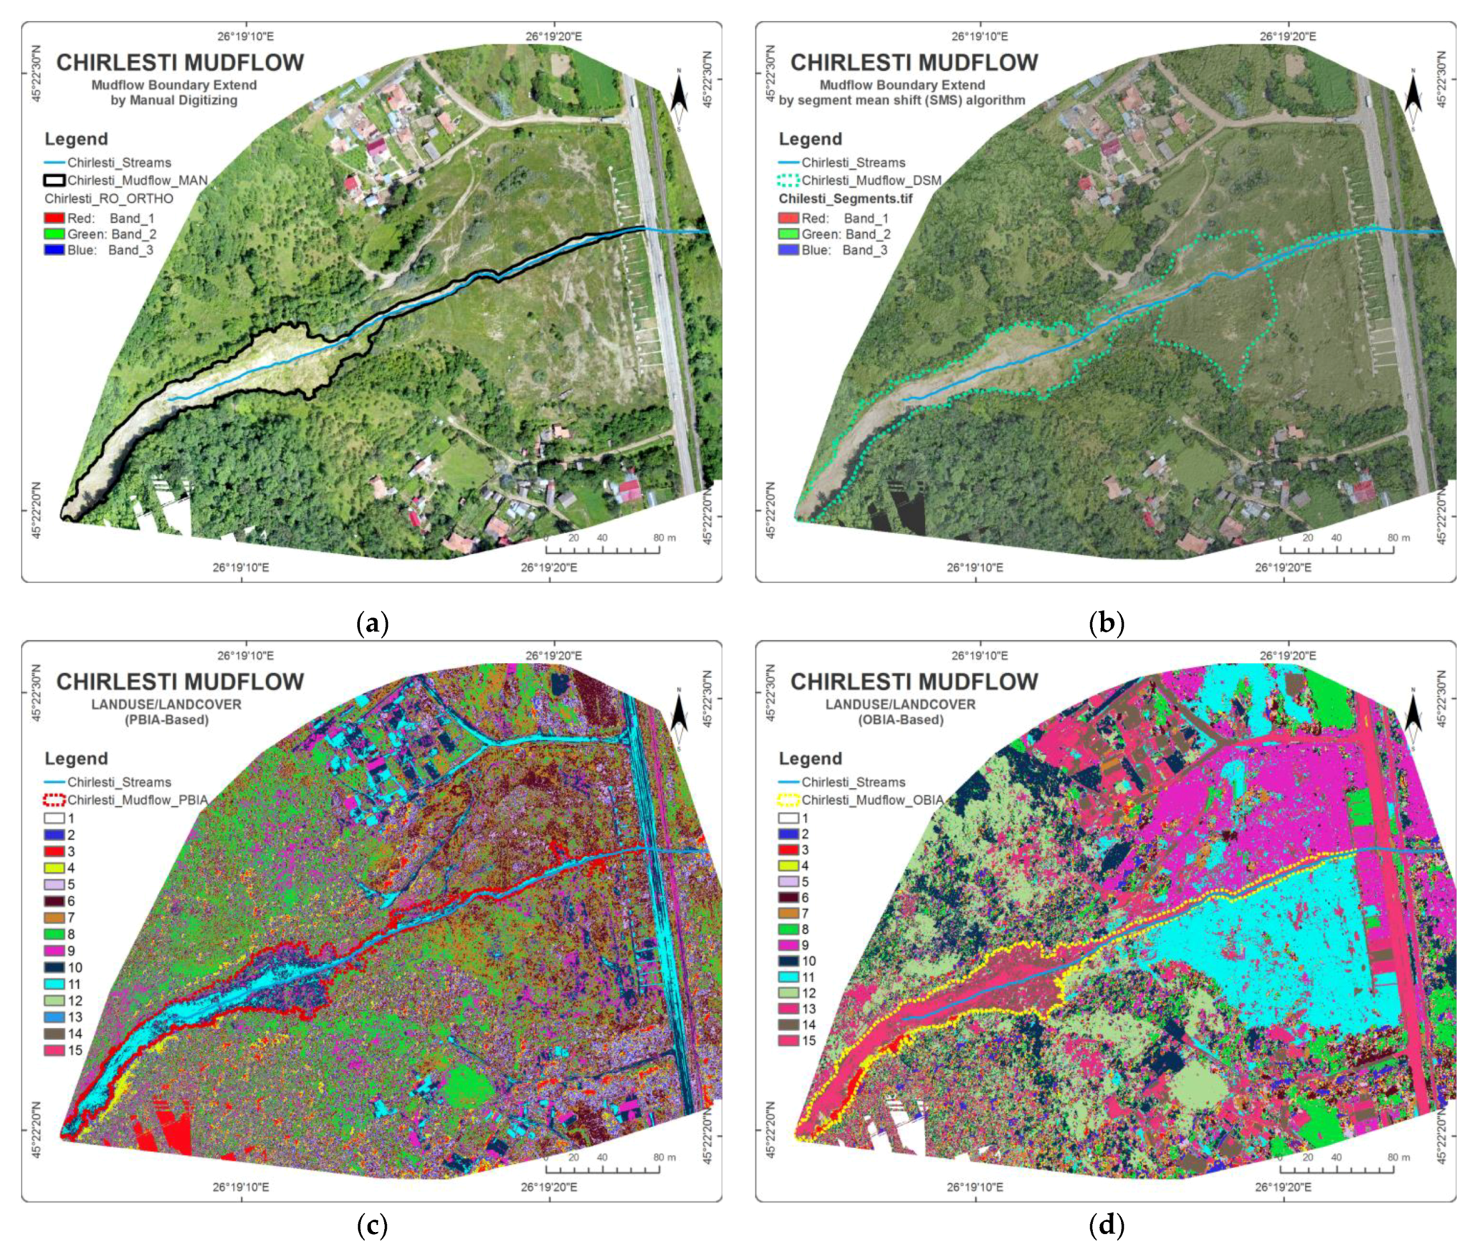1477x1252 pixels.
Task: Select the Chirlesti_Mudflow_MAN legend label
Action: tap(137, 181)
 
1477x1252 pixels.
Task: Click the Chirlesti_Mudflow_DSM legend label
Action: tap(871, 181)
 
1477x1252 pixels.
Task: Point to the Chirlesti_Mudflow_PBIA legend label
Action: tap(137, 800)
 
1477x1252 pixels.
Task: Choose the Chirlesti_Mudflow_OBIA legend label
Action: tap(871, 800)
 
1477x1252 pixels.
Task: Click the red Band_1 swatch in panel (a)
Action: tap(54, 219)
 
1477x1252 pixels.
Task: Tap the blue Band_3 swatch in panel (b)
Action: tap(788, 250)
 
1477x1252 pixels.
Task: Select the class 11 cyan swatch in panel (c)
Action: tap(54, 984)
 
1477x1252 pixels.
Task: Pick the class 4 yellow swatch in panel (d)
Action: tap(788, 866)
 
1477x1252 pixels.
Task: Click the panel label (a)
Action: tap(372, 623)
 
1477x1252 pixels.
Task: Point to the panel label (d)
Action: tap(1106, 1225)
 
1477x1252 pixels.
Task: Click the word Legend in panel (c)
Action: tap(76, 758)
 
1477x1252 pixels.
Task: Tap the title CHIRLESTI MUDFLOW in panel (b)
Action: tap(914, 63)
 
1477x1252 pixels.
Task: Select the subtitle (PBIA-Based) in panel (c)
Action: tap(166, 720)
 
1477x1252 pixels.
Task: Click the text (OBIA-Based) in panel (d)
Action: tap(900, 720)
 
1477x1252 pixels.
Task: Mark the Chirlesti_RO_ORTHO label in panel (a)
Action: tap(109, 199)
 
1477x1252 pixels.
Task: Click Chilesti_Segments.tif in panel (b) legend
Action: tap(846, 199)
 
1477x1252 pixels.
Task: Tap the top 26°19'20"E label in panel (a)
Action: tap(553, 37)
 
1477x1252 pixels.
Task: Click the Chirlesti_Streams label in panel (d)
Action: tap(853, 782)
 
